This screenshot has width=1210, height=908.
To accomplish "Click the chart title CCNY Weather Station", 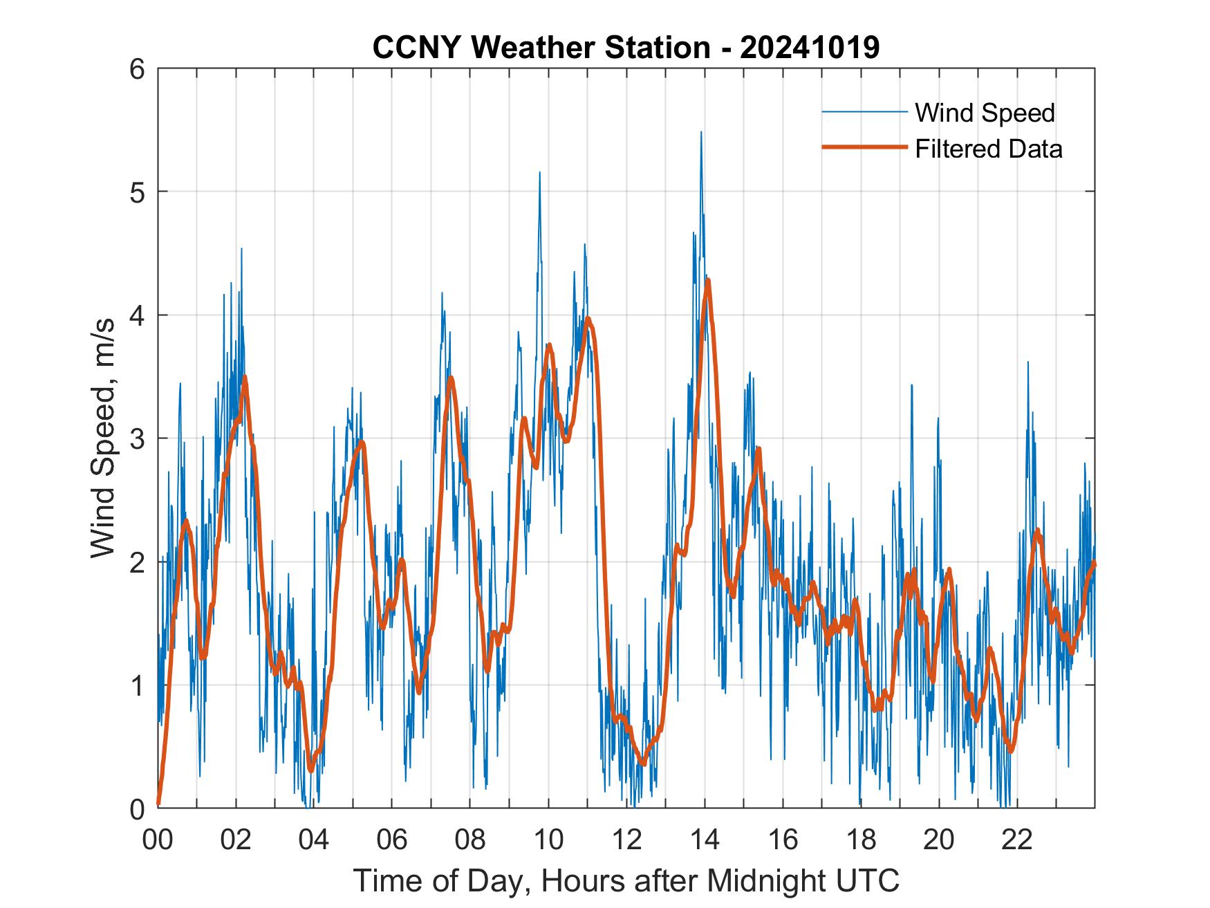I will pos(626,48).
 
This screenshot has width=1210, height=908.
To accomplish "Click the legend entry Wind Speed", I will pos(985,113).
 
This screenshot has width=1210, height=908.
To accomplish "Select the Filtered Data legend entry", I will pos(988,149).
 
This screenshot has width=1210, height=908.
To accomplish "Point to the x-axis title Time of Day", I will pos(626,880).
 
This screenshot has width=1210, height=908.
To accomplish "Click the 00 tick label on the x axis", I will pos(158,840).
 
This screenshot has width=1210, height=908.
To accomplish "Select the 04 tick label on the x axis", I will pos(314,840).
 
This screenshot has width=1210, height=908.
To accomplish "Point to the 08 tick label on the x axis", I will pos(470,840).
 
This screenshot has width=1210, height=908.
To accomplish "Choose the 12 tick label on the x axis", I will pos(626,840).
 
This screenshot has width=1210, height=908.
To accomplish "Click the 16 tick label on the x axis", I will pos(783,840).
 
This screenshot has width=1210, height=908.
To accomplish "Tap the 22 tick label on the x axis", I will pos(1017,840).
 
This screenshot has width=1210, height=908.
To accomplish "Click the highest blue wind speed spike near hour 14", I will pos(701,133).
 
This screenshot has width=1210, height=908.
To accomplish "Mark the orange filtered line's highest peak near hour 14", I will pos(707,280).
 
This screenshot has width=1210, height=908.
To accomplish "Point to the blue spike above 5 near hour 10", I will pos(539,173).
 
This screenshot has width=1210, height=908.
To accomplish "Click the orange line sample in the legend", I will pos(864,147).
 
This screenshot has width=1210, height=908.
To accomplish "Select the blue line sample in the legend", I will pos(864,112).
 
